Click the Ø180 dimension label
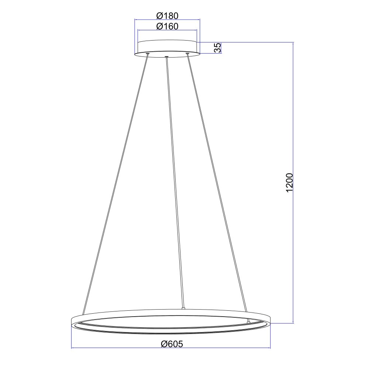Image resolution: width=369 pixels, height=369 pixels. click(x=167, y=16)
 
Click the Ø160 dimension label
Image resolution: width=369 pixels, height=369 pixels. click(x=167, y=26)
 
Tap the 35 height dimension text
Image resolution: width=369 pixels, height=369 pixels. click(x=218, y=48)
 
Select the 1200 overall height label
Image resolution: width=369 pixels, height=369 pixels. click(x=289, y=183)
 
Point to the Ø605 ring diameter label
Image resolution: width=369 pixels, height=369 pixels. click(x=172, y=344)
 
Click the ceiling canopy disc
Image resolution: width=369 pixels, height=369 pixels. click(x=167, y=48)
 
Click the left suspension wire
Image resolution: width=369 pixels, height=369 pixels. click(x=115, y=184)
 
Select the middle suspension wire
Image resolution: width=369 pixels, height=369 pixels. click(x=175, y=182)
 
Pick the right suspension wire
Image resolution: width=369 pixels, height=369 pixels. click(x=218, y=187)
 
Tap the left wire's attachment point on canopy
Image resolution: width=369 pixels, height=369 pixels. click(x=148, y=54)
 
